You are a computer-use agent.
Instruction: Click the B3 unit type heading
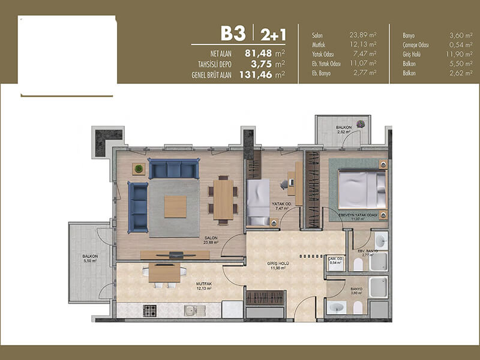(x=233, y=34)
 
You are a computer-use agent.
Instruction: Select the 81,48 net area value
(x=259, y=53)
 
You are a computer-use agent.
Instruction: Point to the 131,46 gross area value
(x=256, y=74)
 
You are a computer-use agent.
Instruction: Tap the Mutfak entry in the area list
(x=319, y=44)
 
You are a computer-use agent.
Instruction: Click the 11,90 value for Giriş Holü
(x=455, y=54)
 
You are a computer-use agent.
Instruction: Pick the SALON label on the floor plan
(x=211, y=238)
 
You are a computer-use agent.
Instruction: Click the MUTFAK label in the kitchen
(x=204, y=284)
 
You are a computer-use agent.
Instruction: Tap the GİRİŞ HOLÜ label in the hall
(x=278, y=263)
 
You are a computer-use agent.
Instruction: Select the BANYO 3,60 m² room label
(x=356, y=291)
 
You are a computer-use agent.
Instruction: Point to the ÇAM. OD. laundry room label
(x=335, y=260)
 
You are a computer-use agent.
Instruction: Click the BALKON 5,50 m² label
(x=90, y=259)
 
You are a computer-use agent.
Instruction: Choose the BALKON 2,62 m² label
(x=344, y=130)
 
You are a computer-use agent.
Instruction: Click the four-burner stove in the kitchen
(x=149, y=311)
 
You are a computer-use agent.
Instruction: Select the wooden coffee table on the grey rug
(x=175, y=207)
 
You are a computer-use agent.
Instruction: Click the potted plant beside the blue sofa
(x=139, y=169)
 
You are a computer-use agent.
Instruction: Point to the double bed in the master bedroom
(x=363, y=190)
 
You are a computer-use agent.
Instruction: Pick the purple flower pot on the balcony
(x=361, y=124)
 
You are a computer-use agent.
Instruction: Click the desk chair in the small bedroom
(x=284, y=184)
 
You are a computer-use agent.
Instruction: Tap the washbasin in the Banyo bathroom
(x=337, y=308)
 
